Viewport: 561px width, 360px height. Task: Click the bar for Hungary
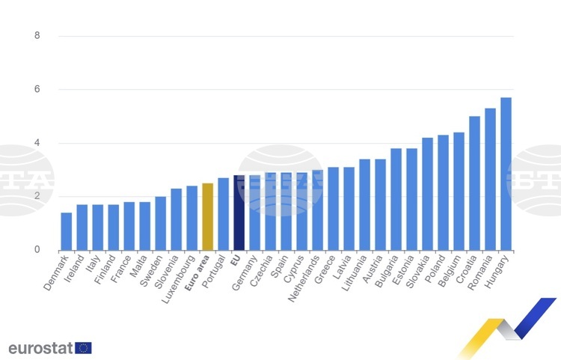tap(506, 174)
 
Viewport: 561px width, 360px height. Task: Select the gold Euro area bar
tap(208, 216)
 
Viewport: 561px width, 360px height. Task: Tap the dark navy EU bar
tap(239, 213)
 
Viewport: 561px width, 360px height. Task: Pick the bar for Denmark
tap(67, 231)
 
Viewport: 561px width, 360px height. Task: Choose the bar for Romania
tap(491, 179)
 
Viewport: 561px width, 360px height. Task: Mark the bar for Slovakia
tap(428, 194)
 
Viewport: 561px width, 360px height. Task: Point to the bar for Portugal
tap(224, 214)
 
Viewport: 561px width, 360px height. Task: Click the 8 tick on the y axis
tap(37, 36)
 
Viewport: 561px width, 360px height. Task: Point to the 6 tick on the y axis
tap(37, 90)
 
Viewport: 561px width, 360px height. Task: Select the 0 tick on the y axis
tap(37, 250)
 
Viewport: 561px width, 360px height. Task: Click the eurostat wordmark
tap(40, 348)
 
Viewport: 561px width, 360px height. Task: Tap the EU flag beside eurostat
tap(83, 348)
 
